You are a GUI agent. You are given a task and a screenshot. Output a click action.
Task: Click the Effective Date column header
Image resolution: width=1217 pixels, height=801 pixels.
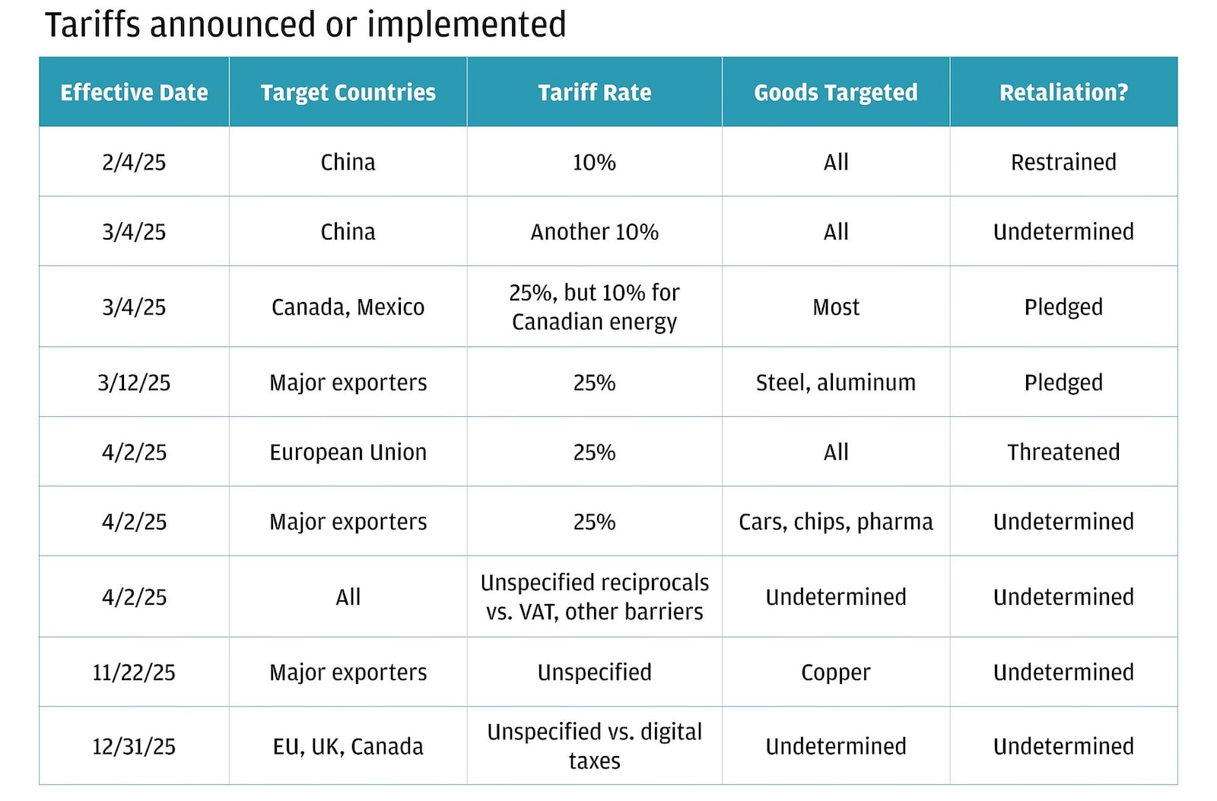(134, 93)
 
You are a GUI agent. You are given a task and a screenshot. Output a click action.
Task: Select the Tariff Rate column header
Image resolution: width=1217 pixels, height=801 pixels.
(594, 93)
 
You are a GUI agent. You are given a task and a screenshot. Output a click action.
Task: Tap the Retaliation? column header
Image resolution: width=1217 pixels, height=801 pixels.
(1063, 93)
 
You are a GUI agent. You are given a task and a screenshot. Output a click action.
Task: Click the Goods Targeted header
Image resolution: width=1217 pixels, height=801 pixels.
(835, 93)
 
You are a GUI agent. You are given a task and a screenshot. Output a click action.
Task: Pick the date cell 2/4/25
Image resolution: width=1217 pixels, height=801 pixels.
(134, 162)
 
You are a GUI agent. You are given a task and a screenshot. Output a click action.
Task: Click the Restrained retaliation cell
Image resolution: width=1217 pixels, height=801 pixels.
(1063, 162)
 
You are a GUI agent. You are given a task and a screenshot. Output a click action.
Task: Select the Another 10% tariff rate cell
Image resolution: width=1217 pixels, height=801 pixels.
(594, 232)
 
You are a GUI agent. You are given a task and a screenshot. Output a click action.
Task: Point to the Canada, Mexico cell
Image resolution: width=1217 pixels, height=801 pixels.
(348, 307)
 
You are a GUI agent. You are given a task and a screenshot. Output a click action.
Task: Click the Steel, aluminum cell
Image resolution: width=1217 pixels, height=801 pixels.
(835, 383)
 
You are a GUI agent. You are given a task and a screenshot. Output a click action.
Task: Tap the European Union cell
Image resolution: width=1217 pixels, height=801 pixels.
(348, 453)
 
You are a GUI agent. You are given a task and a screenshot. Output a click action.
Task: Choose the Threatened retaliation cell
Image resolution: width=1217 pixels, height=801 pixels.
(1063, 453)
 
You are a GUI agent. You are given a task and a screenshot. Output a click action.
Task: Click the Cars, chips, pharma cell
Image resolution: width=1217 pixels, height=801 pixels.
(835, 522)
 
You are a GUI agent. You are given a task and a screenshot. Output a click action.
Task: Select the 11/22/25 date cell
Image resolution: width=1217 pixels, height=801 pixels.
(134, 672)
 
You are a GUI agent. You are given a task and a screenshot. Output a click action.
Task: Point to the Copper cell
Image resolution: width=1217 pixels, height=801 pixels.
(835, 672)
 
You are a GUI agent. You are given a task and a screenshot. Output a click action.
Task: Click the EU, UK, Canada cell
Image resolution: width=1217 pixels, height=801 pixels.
(348, 747)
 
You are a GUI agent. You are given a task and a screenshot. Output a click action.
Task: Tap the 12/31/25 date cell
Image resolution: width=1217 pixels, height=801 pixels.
(134, 747)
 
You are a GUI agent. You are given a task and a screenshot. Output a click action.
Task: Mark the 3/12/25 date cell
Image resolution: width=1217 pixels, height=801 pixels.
(134, 383)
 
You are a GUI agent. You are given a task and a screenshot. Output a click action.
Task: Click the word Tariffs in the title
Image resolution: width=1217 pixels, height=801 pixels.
(93, 25)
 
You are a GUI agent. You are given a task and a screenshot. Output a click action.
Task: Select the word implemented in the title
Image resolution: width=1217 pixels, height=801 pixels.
(466, 25)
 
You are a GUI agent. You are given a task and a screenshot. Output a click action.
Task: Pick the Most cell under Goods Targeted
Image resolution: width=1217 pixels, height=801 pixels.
(835, 307)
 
